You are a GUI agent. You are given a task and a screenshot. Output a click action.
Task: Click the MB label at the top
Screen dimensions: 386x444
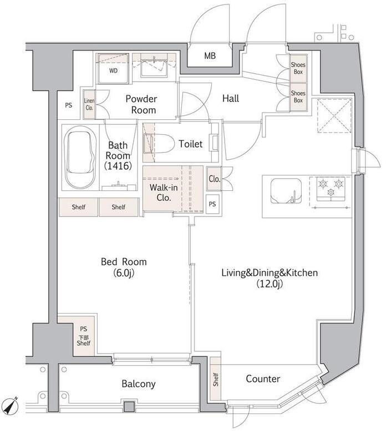[210, 56]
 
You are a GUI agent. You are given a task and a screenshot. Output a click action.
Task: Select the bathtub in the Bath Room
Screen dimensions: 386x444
[79, 157]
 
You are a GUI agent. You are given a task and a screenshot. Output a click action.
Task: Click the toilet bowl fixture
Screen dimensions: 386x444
[159, 144]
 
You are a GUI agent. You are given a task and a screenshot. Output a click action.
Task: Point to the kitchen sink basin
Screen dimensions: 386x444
[286, 190]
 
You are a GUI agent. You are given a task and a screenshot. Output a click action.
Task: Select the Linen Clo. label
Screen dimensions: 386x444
[89, 104]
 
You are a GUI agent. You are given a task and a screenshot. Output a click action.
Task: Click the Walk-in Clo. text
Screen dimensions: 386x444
[164, 192]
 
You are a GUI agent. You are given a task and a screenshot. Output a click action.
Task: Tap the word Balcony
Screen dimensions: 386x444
[139, 384]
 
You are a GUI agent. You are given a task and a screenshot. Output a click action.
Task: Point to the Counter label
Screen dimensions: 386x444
[263, 379]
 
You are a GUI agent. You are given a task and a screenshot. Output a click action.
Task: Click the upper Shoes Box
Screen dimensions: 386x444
[298, 68]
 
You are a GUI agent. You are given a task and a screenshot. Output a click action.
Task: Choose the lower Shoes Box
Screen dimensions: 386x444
[298, 97]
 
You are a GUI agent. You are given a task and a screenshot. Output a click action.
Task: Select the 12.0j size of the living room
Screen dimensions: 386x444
[270, 284]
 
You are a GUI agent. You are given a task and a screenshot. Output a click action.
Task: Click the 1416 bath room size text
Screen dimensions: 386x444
[118, 165]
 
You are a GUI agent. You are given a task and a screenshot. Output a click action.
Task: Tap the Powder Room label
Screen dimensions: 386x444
[141, 104]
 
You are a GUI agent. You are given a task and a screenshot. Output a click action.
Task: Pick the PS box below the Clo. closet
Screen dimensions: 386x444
[212, 204]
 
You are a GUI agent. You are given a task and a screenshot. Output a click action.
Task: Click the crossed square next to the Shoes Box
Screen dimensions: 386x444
[334, 115]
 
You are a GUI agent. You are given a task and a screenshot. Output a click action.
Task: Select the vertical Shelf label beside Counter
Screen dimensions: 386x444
[216, 380]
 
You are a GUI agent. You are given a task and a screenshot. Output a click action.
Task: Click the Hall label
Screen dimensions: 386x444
[231, 98]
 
